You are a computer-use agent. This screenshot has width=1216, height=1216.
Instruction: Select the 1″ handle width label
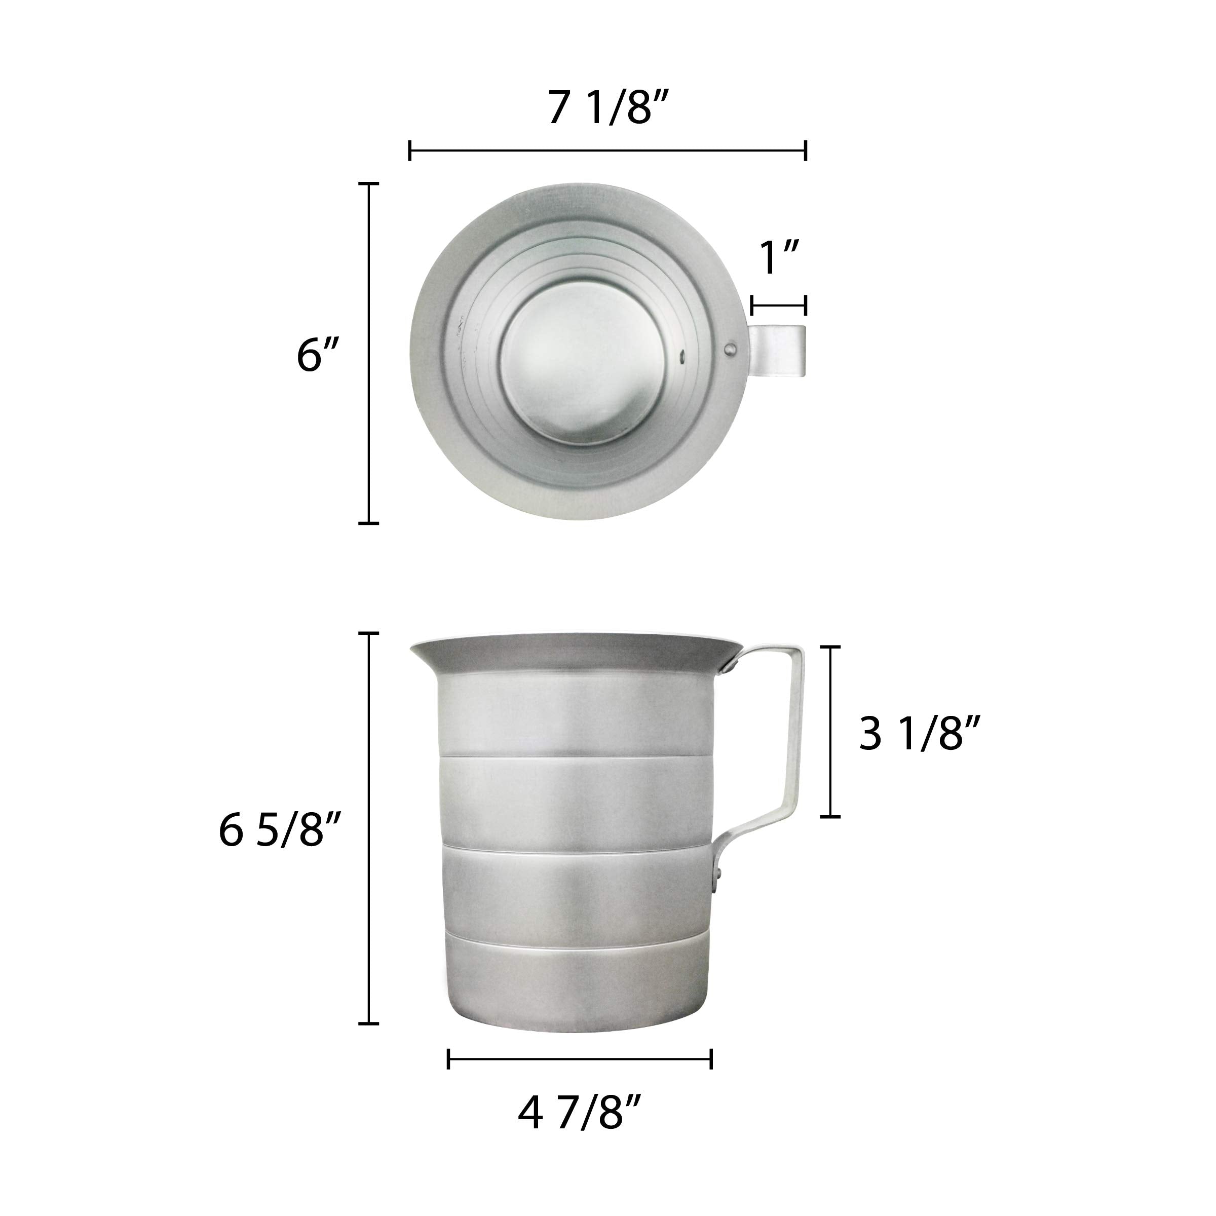coord(780,259)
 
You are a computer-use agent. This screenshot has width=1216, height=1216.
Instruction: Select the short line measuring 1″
coord(779,307)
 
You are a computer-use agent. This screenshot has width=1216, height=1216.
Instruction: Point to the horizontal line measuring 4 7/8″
coord(580,1058)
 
